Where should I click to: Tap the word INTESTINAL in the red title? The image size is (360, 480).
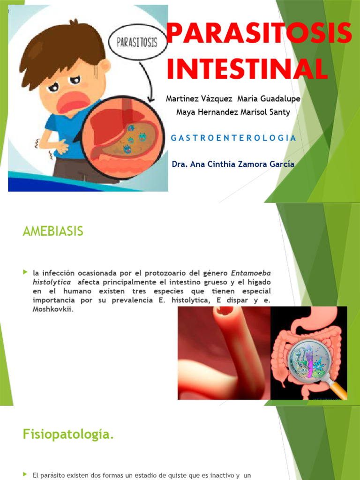tap(247, 68)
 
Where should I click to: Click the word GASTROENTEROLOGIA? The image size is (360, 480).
tap(233, 138)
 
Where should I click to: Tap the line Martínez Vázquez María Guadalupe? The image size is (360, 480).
tap(233, 99)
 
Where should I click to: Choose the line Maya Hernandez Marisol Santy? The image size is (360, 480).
tap(233, 112)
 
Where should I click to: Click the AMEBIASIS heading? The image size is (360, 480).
tap(52, 231)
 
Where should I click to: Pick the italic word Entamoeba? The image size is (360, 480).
tap(251, 273)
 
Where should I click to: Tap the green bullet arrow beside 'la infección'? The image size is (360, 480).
tap(25, 272)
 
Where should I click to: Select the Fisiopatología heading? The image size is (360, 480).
tap(68, 435)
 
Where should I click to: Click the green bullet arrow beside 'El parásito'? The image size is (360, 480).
tap(25, 475)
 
